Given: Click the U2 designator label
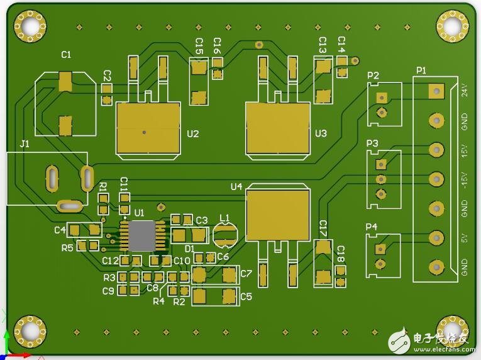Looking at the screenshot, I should (193, 133).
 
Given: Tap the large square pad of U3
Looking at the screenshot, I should (277, 128).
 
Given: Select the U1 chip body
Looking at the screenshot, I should (141, 235).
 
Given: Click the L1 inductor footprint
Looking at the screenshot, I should (224, 236).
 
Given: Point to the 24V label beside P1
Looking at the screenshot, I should (465, 90).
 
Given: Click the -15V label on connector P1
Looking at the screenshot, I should (465, 181).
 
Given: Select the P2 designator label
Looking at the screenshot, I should (373, 76).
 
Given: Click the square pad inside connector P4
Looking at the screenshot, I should (380, 249).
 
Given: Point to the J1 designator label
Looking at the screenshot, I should (25, 144).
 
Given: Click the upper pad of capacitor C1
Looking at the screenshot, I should (65, 81).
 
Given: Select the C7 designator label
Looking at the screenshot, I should (246, 274).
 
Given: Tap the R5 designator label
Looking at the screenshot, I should (67, 247).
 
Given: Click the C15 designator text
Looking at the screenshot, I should (199, 45).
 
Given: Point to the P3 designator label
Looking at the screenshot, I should (372, 144).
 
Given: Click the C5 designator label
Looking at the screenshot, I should (246, 296).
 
